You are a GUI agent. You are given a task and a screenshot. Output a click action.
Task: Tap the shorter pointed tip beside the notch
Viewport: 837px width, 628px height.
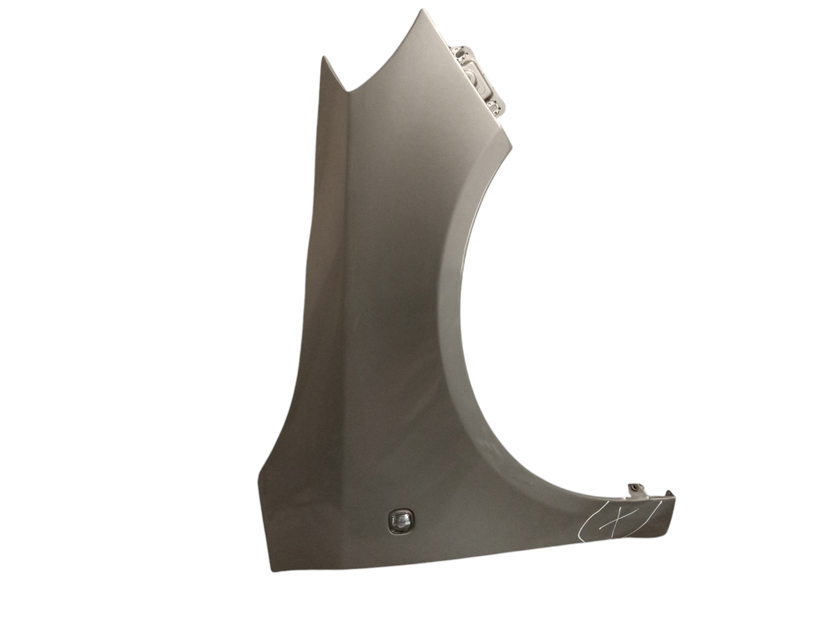click(323, 57)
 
